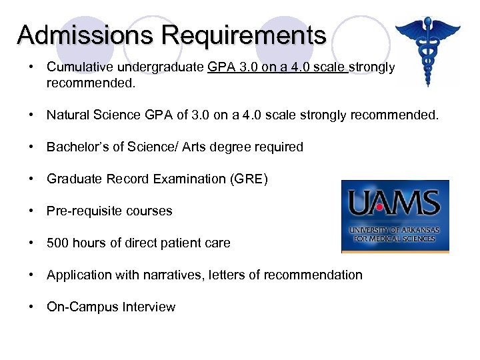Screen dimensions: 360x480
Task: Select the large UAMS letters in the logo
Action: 395,203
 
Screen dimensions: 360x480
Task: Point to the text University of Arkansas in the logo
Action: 395,229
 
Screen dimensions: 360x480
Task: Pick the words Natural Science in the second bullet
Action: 93,115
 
